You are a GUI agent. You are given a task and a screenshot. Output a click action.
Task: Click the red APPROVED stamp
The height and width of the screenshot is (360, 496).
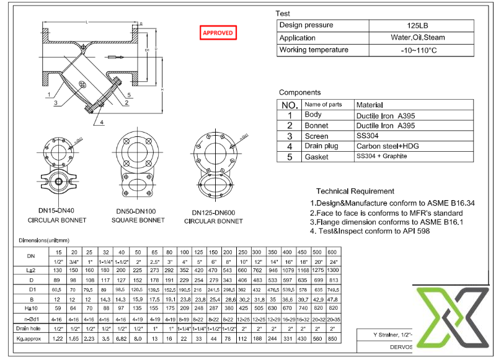click(218, 33)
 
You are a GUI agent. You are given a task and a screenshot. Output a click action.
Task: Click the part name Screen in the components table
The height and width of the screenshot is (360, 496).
click(316, 136)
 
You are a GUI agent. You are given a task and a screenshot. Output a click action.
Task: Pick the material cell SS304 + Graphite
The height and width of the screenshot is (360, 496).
click(381, 157)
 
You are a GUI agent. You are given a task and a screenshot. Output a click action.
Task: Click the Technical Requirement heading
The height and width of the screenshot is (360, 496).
click(355, 191)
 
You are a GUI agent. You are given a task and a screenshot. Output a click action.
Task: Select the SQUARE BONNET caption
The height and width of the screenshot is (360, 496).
click(138, 221)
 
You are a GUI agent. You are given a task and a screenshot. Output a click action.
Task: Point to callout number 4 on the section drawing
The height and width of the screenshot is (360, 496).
click(102, 122)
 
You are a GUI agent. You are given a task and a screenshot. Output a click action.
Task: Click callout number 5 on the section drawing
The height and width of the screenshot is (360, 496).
click(129, 95)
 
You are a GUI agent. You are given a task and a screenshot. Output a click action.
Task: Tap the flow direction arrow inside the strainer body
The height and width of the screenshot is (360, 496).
click(117, 58)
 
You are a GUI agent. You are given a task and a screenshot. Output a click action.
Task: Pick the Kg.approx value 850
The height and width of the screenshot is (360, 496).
click(332, 339)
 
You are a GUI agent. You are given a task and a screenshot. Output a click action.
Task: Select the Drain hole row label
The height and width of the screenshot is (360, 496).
click(30, 328)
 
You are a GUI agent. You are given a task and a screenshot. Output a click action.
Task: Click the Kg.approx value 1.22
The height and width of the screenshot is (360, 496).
click(58, 339)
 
